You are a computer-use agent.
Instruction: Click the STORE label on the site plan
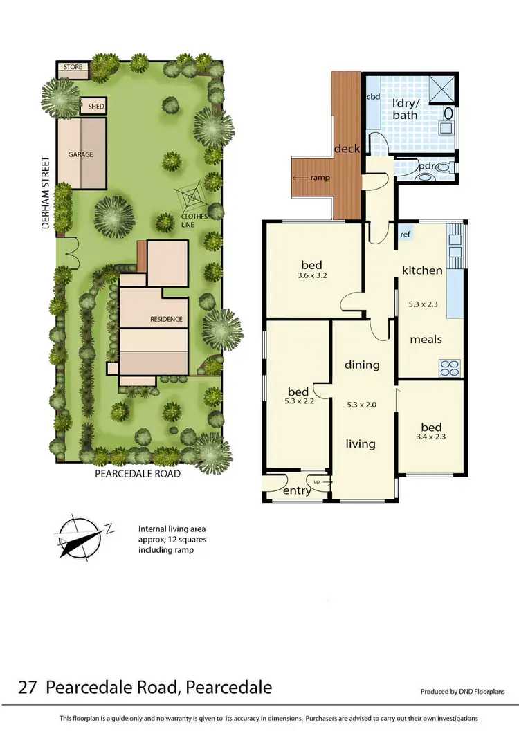(73, 68)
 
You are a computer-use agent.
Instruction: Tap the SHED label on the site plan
(95, 107)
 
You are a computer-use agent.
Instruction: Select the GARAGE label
(80, 154)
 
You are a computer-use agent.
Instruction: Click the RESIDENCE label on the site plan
(166, 319)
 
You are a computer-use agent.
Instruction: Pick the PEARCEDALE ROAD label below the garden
(138, 474)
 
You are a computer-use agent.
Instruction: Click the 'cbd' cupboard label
(373, 97)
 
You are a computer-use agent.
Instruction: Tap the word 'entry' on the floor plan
(297, 491)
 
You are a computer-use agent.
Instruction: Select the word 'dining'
(361, 365)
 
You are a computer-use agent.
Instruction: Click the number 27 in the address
(28, 688)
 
